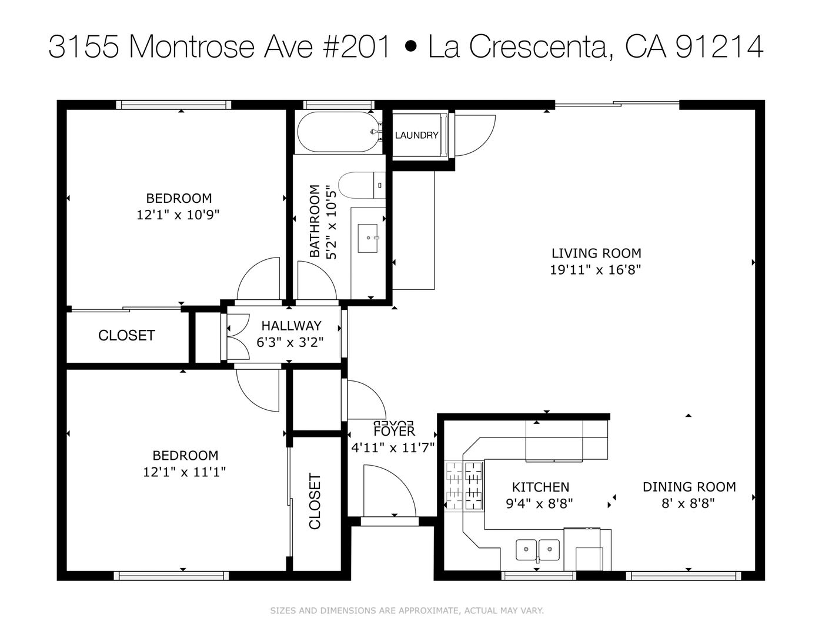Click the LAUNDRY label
416,135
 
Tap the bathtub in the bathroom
339,132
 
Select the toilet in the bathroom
361,185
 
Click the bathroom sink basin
367,238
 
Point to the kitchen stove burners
465,486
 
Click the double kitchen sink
537,550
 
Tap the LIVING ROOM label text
596,253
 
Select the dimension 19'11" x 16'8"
596,270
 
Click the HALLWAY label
291,326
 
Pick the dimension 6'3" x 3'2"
290,342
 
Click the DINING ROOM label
689,487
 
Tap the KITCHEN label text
540,487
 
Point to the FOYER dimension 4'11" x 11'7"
393,448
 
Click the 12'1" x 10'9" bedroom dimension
178,215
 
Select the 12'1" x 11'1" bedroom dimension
184,472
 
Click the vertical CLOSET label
315,501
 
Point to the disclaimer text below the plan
407,610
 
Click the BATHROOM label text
315,221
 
